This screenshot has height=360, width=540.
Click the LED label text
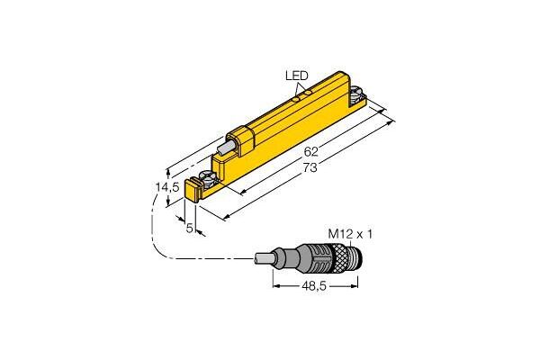pyautogui.click(x=296, y=76)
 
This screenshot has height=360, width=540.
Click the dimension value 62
pyautogui.click(x=311, y=151)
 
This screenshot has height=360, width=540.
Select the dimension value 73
pyautogui.click(x=310, y=167)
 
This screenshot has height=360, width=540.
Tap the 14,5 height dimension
pyautogui.click(x=167, y=187)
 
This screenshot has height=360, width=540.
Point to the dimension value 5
pyautogui.click(x=189, y=228)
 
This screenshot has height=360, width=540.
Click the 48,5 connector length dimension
pyautogui.click(x=314, y=286)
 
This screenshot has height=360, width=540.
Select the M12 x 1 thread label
pyautogui.click(x=350, y=234)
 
